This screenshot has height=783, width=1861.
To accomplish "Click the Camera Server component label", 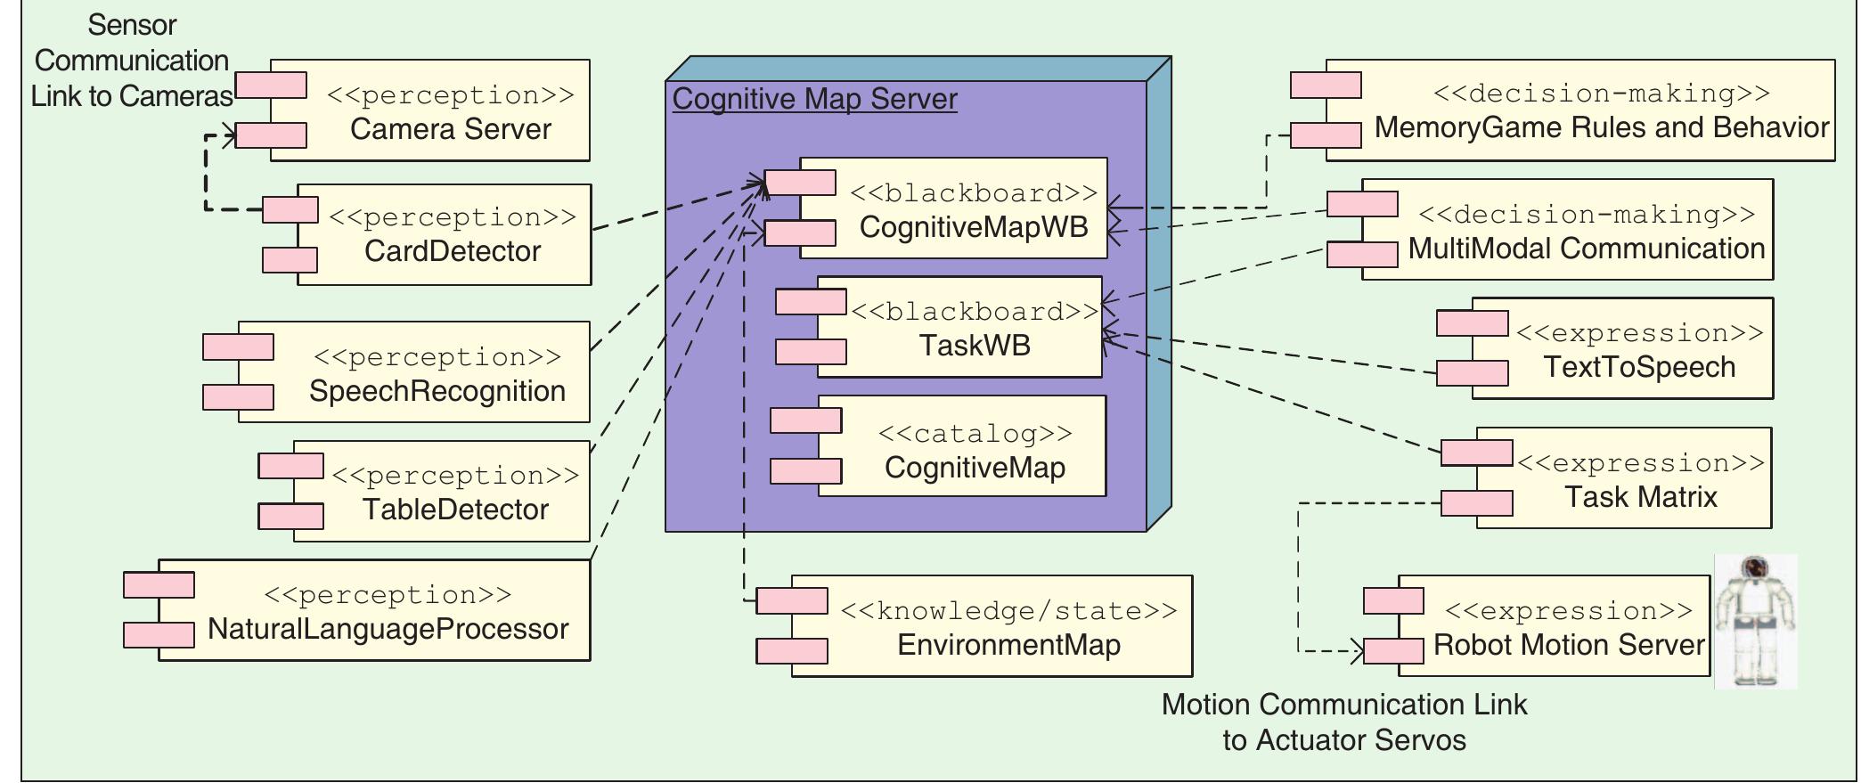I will [450, 129].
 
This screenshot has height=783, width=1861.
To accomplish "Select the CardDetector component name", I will [452, 251].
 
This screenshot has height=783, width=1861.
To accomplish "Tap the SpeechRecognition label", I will [437, 391].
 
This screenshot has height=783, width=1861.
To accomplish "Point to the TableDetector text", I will [455, 510].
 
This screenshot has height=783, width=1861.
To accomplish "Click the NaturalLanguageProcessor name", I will [388, 629].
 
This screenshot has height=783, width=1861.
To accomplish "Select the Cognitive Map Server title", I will [814, 99].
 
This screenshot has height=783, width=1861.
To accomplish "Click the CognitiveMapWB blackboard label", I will [973, 227].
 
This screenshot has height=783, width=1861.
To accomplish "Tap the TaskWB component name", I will [974, 346].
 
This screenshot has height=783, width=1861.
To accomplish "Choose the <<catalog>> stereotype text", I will [975, 434].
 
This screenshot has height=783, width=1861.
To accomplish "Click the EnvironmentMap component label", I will [1008, 645].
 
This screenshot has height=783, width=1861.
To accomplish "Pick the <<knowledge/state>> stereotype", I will [1008, 611].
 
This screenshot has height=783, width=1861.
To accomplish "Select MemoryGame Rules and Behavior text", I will [1601, 127].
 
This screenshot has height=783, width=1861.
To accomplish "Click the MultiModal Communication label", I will [1586, 249].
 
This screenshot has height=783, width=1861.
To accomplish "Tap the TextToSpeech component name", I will [1639, 367].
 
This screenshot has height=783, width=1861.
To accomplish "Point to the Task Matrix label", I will [1640, 497].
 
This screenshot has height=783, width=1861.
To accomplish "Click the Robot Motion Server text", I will [1568, 645].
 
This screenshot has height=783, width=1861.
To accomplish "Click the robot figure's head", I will [1755, 568].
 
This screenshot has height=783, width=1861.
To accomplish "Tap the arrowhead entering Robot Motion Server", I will [1357, 651].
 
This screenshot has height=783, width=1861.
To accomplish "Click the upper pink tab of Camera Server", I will [271, 86].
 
